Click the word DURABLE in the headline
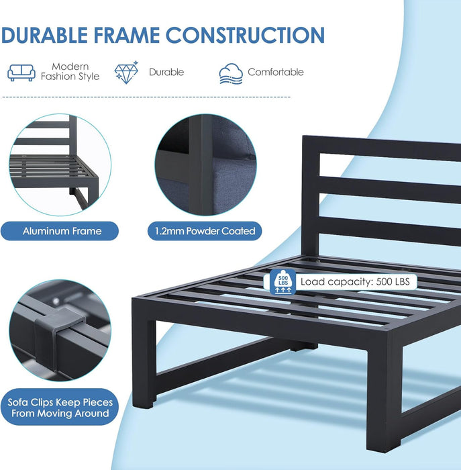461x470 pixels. [45, 35]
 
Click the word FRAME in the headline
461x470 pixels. [127, 35]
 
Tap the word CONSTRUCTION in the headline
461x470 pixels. [245, 35]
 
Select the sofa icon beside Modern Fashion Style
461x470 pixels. [21, 73]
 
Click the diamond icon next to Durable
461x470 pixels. [126, 73]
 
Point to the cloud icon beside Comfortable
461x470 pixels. [231, 74]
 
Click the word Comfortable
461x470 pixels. [276, 72]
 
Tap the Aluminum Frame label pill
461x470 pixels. [60, 231]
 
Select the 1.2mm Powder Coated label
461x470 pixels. [205, 231]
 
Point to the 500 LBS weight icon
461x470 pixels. [283, 282]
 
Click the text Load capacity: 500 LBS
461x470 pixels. [355, 282]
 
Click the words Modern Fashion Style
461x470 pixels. [70, 71]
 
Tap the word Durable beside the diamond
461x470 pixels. [166, 72]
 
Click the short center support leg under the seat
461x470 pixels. [303, 346]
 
